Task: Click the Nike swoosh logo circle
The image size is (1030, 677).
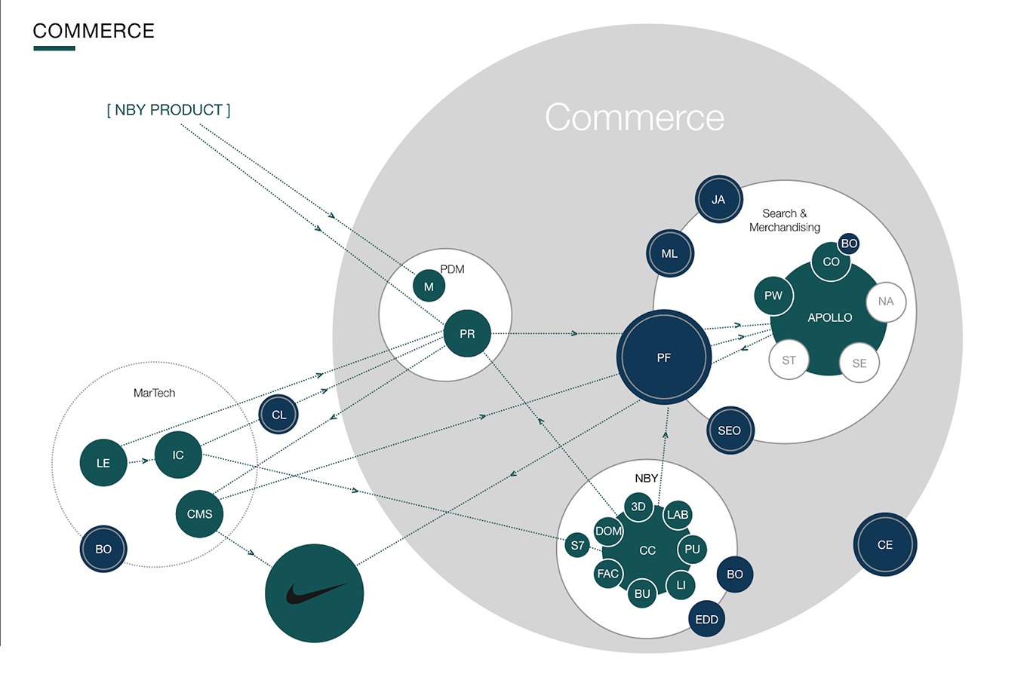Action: [x=314, y=593]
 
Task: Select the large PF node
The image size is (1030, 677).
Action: [x=664, y=357]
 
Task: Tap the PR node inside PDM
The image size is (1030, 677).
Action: [x=467, y=333]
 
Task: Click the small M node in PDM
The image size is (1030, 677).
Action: [x=429, y=286]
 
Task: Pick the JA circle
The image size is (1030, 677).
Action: [x=718, y=199]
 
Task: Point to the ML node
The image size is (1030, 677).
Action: [x=669, y=253]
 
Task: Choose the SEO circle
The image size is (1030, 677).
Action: [x=730, y=430]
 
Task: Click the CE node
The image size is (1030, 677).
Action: [x=885, y=544]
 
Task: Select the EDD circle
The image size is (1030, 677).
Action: [x=706, y=619]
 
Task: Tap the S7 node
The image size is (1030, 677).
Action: [x=577, y=545]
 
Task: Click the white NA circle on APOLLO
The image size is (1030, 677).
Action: [x=886, y=302]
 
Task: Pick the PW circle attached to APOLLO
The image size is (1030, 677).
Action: [x=773, y=296]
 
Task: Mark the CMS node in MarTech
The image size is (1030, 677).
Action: [x=199, y=514]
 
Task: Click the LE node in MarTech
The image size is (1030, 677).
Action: [x=103, y=463]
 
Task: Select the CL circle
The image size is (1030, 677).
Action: [x=278, y=415]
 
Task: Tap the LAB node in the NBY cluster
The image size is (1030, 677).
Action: [x=678, y=515]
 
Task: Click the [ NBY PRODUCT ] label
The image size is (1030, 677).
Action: [x=168, y=110]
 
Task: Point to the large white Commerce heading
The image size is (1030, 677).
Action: [x=635, y=118]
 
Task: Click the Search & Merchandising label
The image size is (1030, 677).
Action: [x=784, y=220]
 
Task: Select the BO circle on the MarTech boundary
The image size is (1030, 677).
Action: [x=103, y=549]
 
